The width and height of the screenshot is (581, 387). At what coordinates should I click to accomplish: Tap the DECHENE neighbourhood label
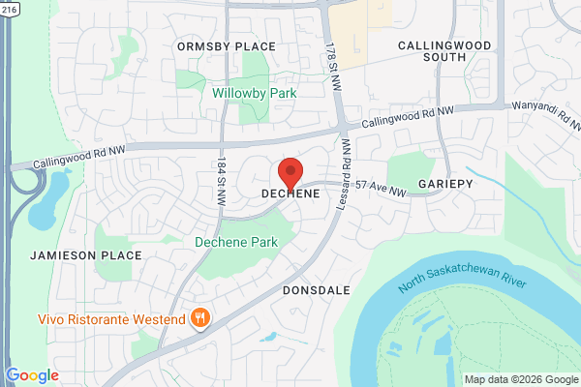coord(290,194)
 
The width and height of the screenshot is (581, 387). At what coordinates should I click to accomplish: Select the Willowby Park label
coord(255,93)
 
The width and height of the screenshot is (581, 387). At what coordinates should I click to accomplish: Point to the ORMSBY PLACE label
coord(226,46)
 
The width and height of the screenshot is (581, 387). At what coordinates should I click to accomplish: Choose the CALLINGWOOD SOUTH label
coord(446,50)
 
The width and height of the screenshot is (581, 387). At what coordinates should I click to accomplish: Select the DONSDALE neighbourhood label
coord(317,289)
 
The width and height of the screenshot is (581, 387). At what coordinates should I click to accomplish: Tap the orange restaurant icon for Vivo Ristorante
coord(200,318)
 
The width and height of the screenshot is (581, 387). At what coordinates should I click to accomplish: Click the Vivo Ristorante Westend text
coord(111,319)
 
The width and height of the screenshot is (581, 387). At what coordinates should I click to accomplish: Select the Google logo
coord(32,375)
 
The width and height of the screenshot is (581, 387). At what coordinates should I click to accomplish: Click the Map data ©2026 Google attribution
coord(520,379)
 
